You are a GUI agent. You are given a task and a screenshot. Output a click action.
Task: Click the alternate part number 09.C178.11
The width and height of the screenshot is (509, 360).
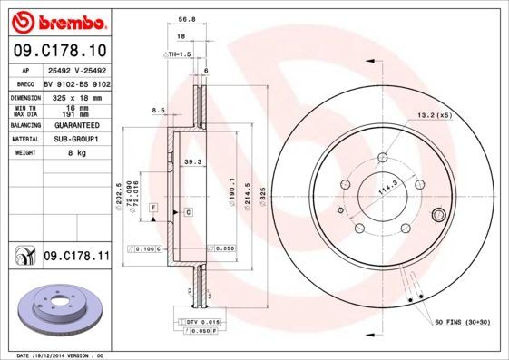coord(76,258)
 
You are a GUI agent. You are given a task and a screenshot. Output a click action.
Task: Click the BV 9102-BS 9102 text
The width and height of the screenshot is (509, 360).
coord(76,83)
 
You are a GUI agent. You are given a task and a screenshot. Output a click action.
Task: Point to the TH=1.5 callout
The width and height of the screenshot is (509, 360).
coord(178,55)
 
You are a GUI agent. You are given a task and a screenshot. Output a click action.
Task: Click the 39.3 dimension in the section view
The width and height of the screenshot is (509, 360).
coord(191,162)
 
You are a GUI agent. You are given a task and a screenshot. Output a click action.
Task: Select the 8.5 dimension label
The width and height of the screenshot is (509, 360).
coord(158,111)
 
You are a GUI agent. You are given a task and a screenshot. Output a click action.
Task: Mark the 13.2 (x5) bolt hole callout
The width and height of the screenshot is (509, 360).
coord(433,115)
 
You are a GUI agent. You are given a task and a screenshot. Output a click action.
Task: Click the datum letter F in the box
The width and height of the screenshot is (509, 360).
coord(153,209)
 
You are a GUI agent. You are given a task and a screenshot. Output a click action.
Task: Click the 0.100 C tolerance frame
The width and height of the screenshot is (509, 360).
coord(144,248)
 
